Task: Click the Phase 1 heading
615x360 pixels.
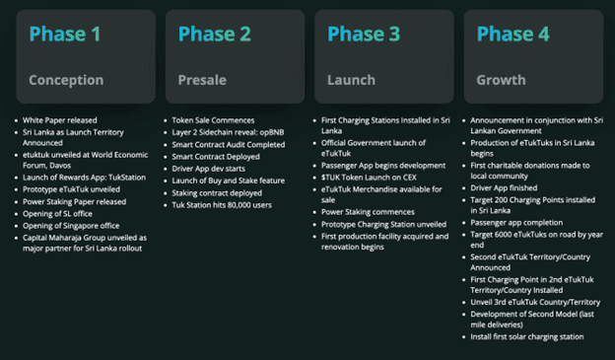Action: (x=65, y=34)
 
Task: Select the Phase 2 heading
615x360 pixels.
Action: (x=215, y=34)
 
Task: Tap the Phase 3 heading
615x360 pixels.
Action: (x=364, y=34)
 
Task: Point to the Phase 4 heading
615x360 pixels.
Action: (x=513, y=34)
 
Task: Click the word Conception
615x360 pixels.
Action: (x=66, y=80)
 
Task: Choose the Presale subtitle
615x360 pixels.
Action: (x=202, y=80)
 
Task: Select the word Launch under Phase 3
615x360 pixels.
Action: (x=352, y=80)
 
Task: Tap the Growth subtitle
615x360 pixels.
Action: (x=501, y=80)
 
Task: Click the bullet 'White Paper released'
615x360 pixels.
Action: (x=59, y=120)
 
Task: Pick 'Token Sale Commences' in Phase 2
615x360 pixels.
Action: (x=213, y=120)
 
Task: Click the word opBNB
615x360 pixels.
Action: (x=271, y=132)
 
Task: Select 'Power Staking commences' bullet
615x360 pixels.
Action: (x=368, y=212)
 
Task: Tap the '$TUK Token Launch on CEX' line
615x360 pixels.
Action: (x=369, y=178)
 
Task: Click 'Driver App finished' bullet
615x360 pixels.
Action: (x=504, y=188)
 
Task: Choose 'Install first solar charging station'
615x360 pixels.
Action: (x=527, y=337)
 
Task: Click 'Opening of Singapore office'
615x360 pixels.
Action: (x=71, y=226)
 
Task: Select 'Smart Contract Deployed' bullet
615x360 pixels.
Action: (x=216, y=157)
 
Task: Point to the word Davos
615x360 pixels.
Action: (x=60, y=166)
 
